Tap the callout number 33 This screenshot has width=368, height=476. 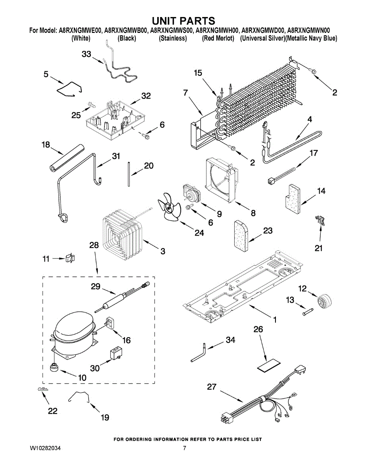[87, 55]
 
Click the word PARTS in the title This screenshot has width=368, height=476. [195, 21]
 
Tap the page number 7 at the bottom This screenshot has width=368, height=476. [184, 448]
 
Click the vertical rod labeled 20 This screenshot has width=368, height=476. [129, 173]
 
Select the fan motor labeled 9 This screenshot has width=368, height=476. [191, 194]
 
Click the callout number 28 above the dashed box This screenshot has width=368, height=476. [94, 246]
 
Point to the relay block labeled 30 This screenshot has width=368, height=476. [116, 352]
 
